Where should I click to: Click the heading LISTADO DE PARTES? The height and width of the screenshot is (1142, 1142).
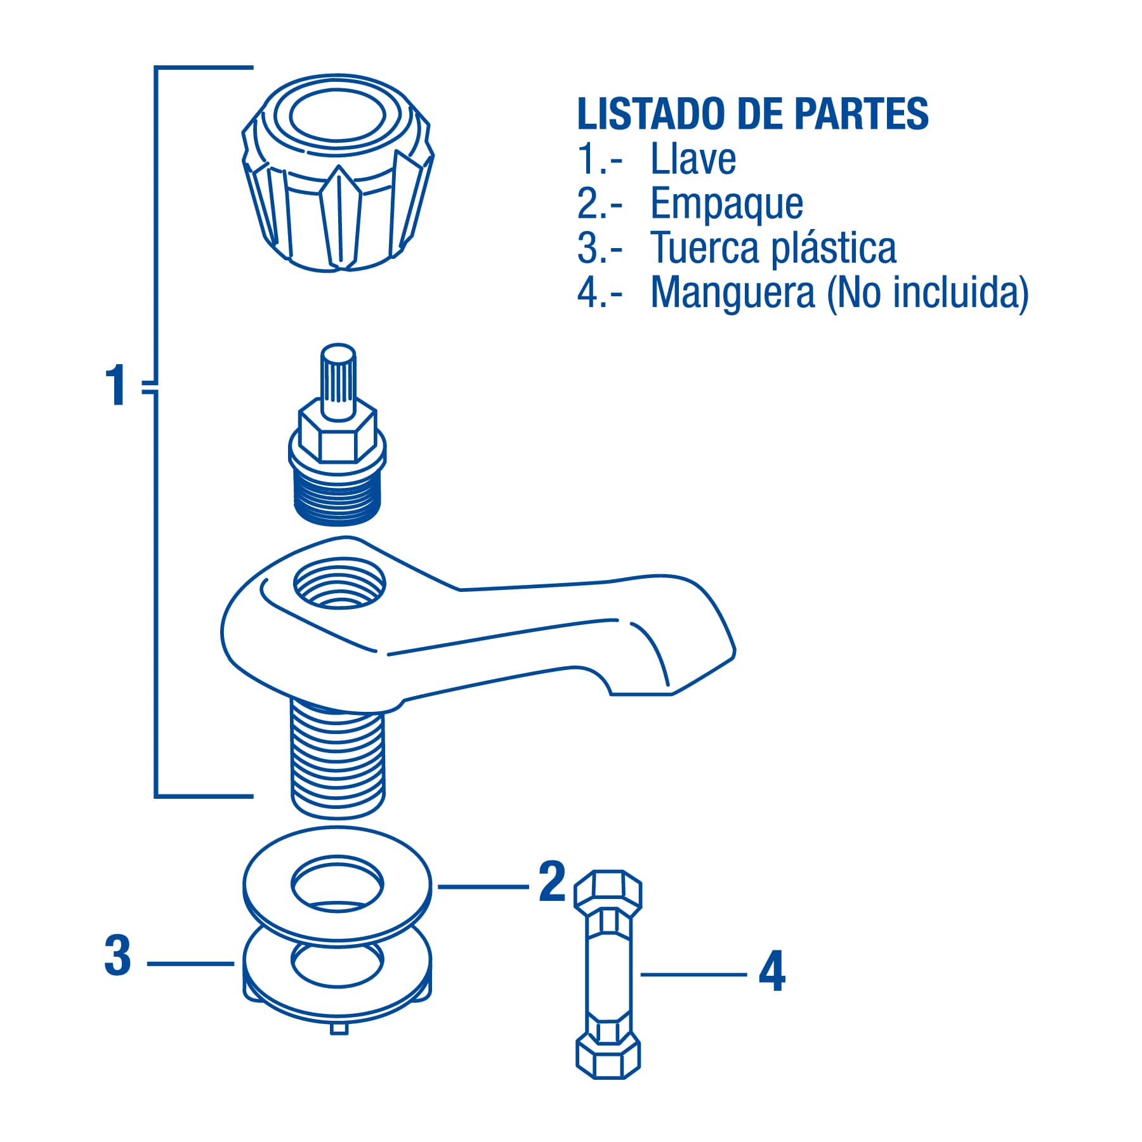coord(752,114)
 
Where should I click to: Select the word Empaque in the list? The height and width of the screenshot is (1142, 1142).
coord(727,204)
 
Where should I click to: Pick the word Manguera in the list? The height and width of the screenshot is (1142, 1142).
coord(733,294)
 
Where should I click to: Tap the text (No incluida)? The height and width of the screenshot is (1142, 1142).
coord(928,293)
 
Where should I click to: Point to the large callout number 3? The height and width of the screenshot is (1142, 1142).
coord(117,955)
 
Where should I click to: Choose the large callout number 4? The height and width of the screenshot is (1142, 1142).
coord(772,971)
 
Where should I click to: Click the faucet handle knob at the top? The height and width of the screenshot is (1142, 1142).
coord(338,173)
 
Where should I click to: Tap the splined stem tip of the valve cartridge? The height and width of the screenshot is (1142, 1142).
coord(338,381)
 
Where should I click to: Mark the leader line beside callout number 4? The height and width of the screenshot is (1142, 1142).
coord(693,974)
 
